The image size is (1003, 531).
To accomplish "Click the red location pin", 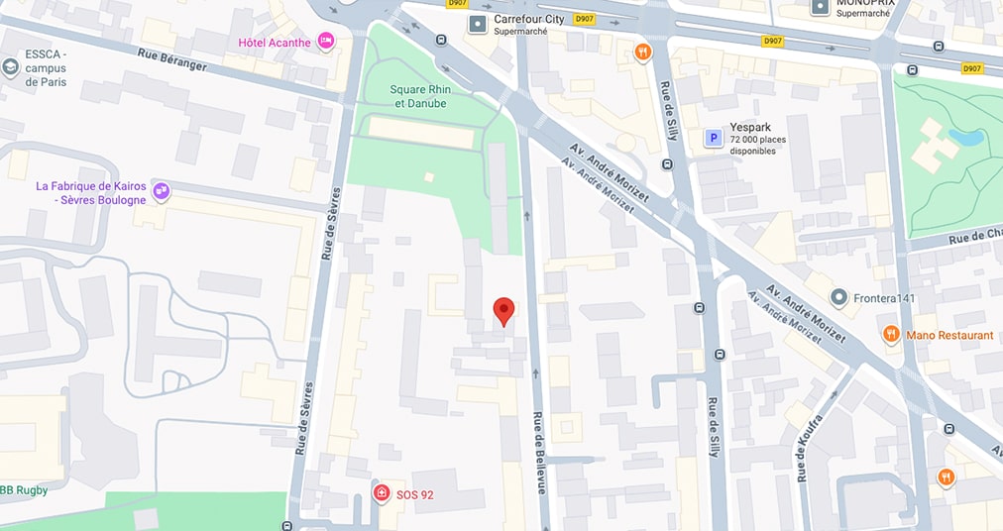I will [503, 310].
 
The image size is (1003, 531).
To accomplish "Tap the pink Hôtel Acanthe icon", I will [326, 42].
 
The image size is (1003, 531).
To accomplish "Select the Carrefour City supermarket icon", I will [478, 23].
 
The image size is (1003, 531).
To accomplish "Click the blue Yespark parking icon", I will [713, 139].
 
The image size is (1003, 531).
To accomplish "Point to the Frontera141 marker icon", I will [839, 297].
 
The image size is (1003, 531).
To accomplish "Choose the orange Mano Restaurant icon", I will [890, 335].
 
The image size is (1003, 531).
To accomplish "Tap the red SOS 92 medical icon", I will [381, 493].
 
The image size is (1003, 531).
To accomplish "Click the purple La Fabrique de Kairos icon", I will [162, 191].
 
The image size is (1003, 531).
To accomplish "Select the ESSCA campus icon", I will [11, 67].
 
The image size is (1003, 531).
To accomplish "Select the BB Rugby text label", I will [23, 489].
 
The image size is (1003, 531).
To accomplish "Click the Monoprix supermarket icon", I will [820, 7].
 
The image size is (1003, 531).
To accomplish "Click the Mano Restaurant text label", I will [949, 335].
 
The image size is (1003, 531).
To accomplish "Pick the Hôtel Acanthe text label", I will [275, 42].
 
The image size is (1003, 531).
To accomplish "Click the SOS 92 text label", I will [414, 494].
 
